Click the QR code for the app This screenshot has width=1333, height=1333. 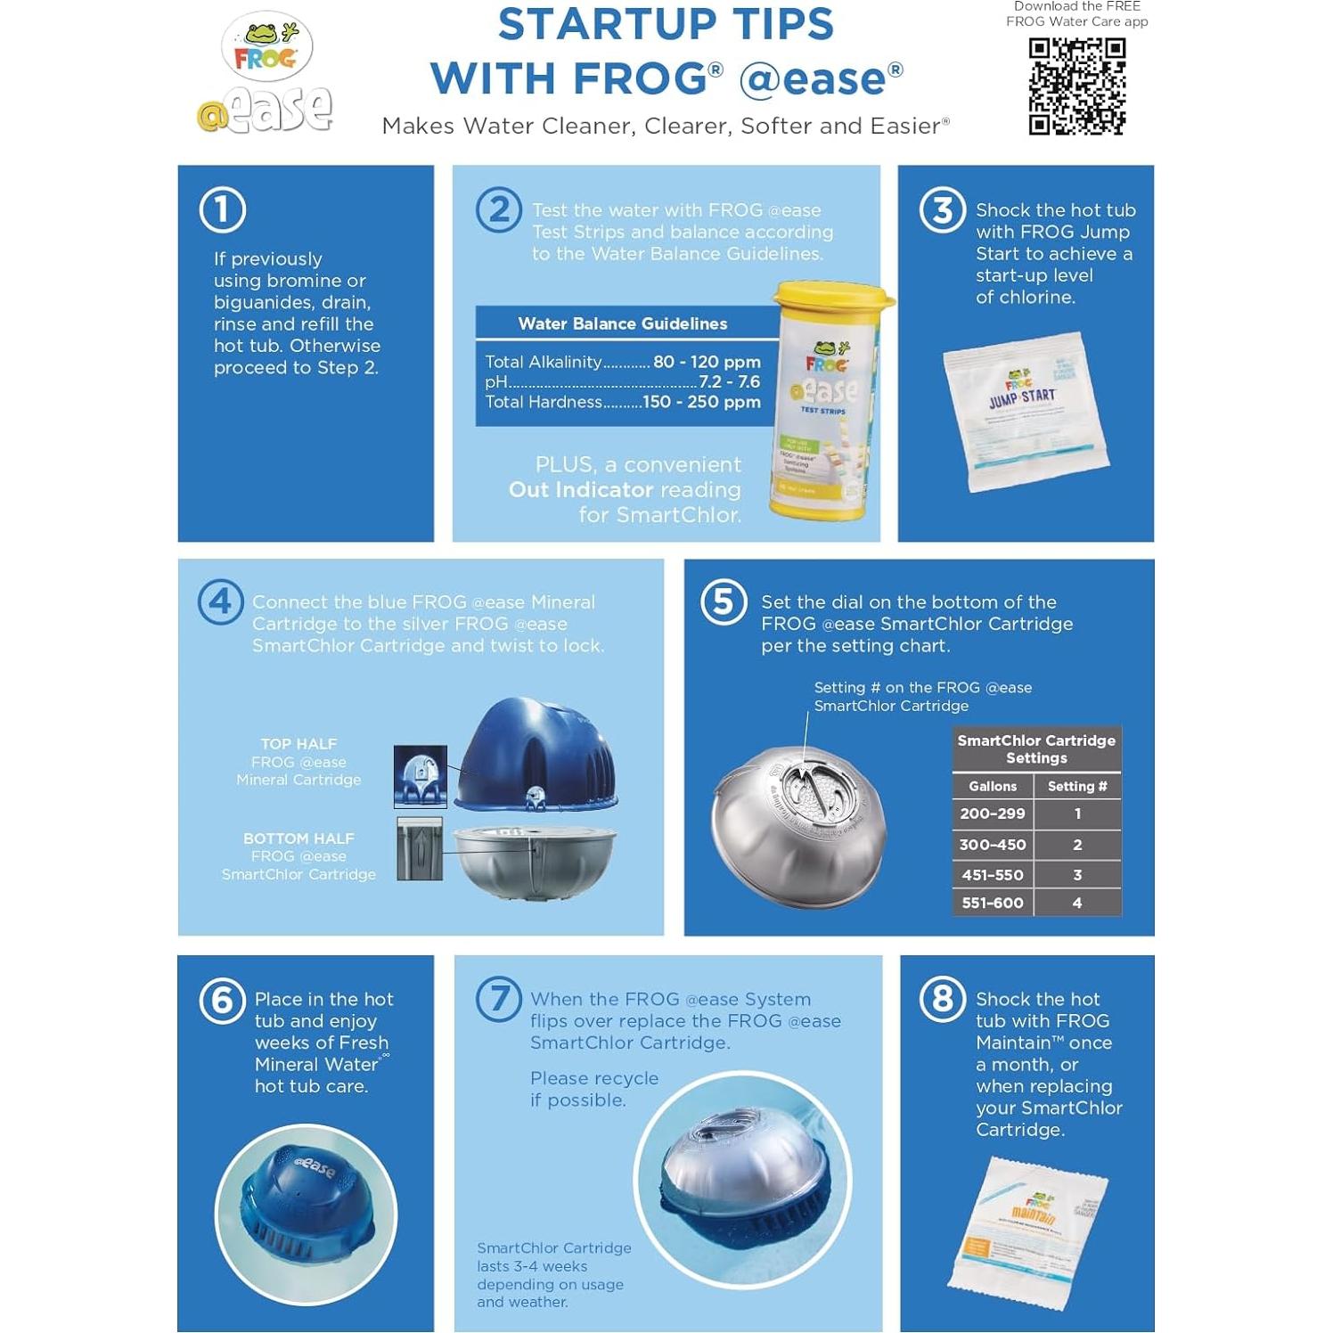click(x=1076, y=86)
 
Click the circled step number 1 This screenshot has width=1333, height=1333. click(x=222, y=210)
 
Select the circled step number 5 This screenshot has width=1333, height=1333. click(x=724, y=602)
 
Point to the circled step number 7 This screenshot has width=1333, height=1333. click(x=499, y=999)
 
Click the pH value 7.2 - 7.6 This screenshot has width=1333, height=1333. click(x=729, y=381)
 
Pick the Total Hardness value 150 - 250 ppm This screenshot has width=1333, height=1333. click(x=701, y=402)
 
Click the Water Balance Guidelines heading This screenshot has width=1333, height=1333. click(x=622, y=323)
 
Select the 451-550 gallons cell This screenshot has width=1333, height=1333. click(x=992, y=875)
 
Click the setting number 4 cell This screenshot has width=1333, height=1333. click(x=1076, y=903)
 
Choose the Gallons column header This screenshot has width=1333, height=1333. click(x=992, y=786)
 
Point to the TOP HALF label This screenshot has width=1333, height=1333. click(x=298, y=744)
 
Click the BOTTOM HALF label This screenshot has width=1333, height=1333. click(x=298, y=838)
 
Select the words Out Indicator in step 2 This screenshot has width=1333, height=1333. click(x=580, y=490)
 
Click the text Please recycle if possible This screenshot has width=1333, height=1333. click(x=594, y=1089)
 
